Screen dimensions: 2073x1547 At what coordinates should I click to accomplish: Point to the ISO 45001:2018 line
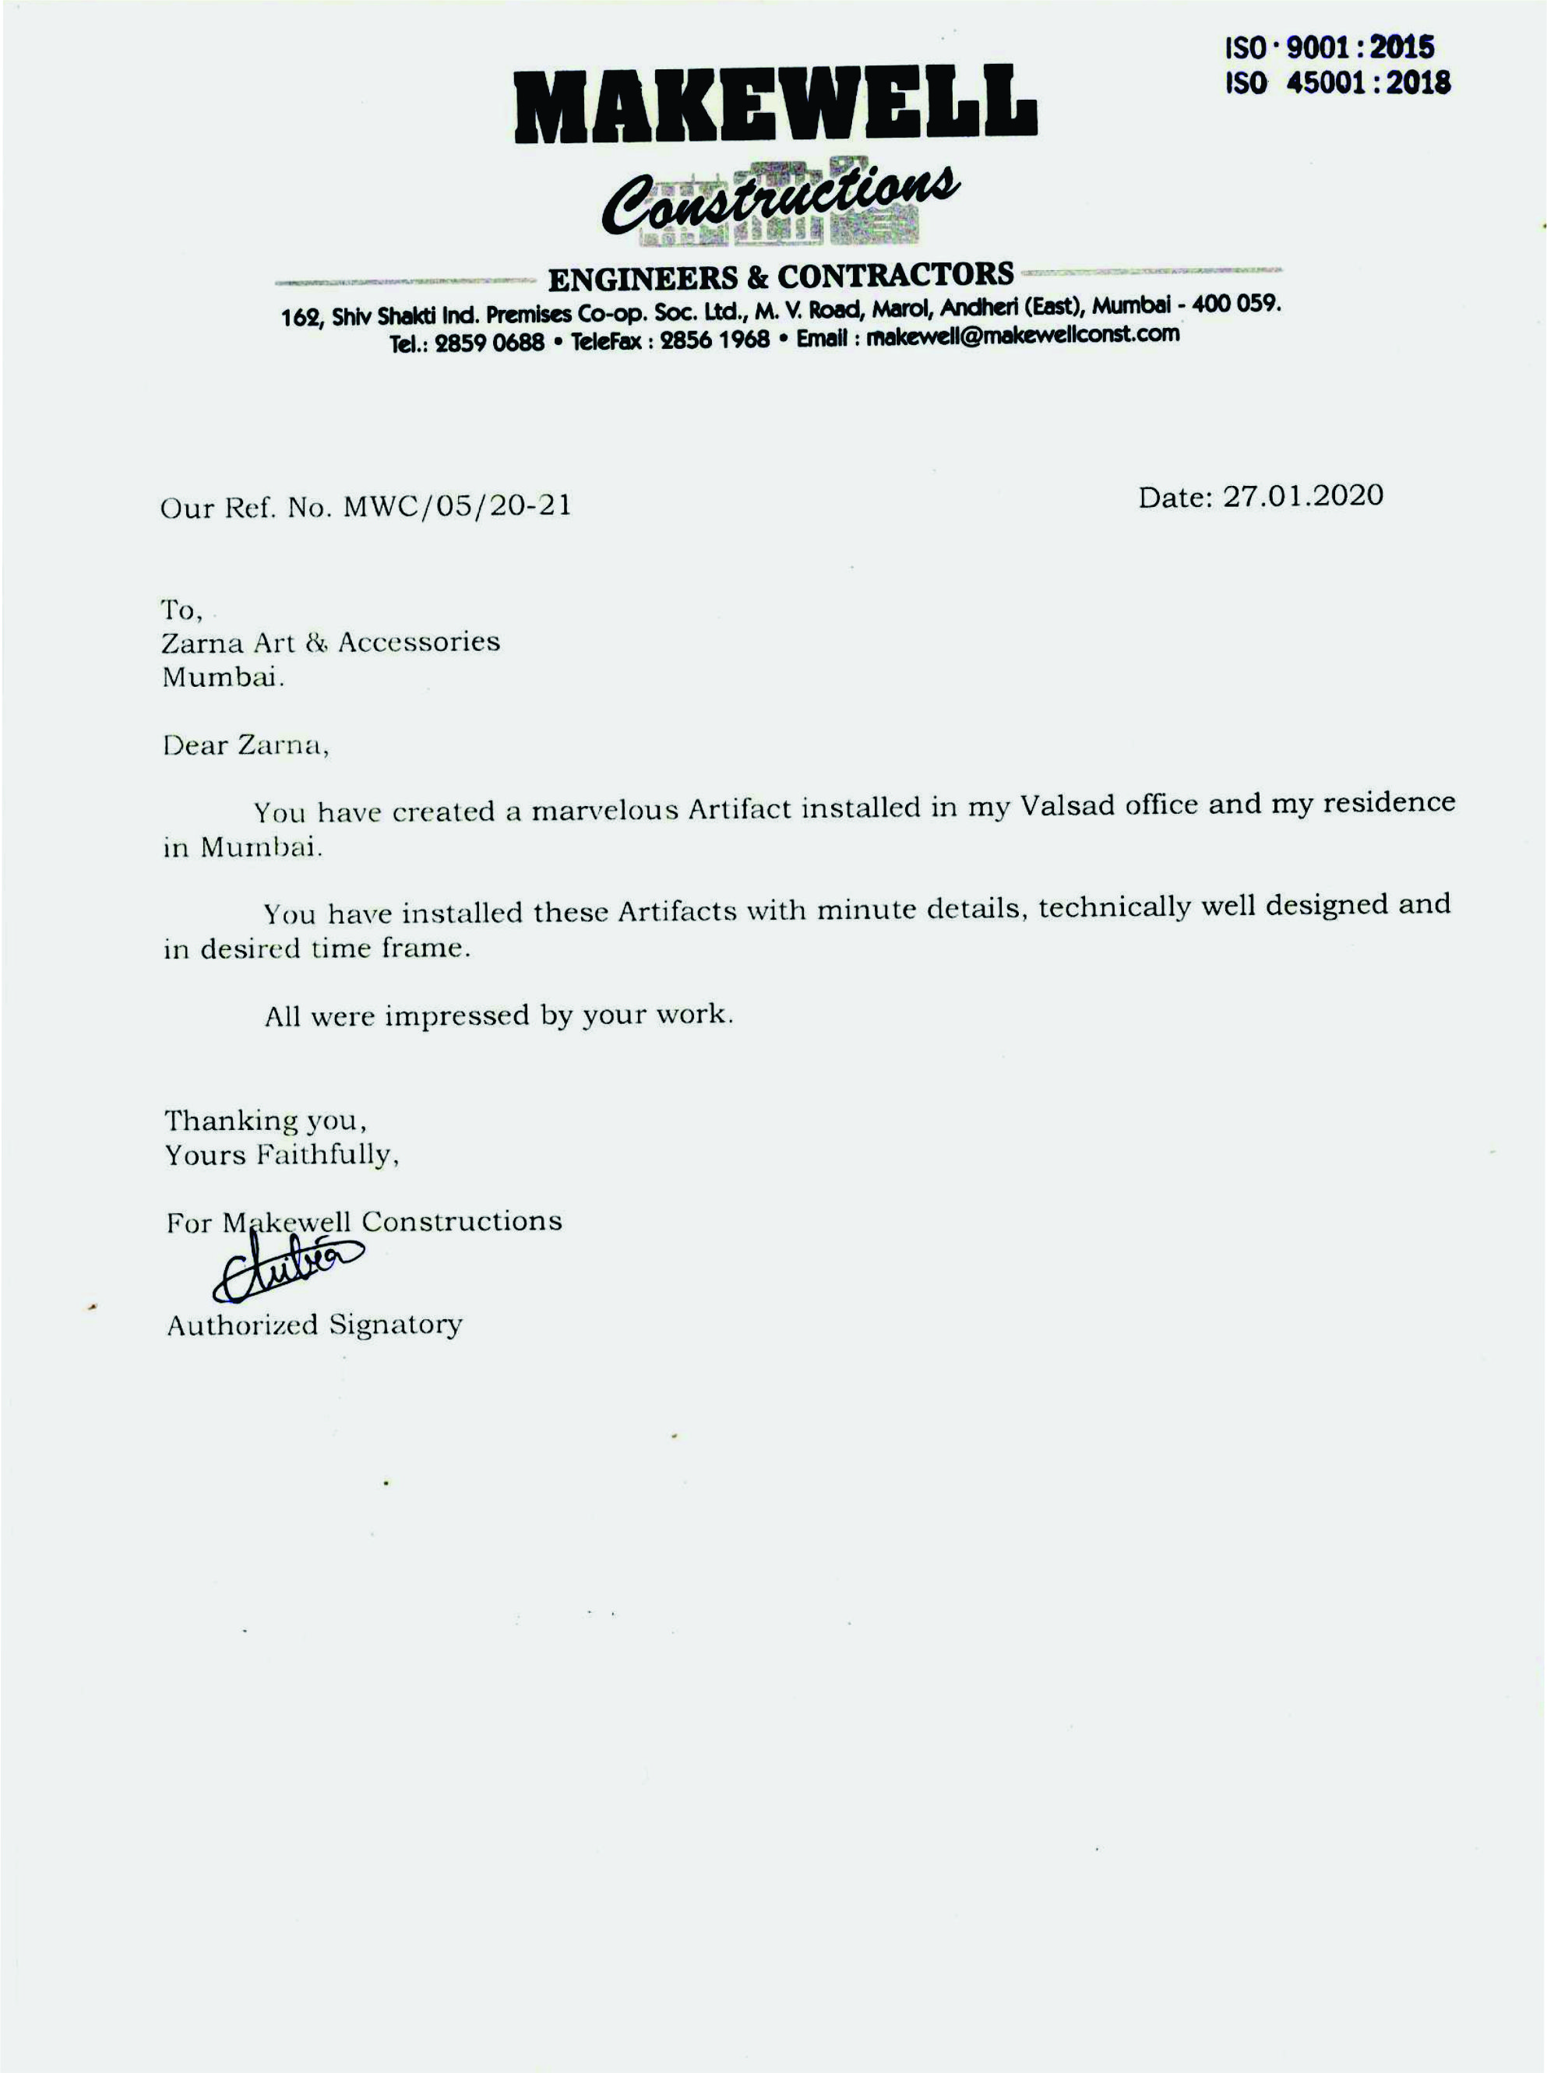point(1338,83)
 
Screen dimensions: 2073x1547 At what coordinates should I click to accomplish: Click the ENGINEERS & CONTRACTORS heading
point(780,275)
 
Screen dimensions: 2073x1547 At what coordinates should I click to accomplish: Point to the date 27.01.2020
point(1302,495)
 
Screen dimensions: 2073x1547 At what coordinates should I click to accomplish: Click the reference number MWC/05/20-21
point(457,506)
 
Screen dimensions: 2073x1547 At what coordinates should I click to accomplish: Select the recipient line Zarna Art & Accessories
point(330,642)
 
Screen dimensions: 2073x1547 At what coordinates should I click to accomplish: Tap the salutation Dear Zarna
point(245,745)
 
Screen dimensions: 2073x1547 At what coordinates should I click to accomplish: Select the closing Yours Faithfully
point(282,1156)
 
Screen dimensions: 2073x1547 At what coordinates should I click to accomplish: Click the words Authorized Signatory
point(315,1325)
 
